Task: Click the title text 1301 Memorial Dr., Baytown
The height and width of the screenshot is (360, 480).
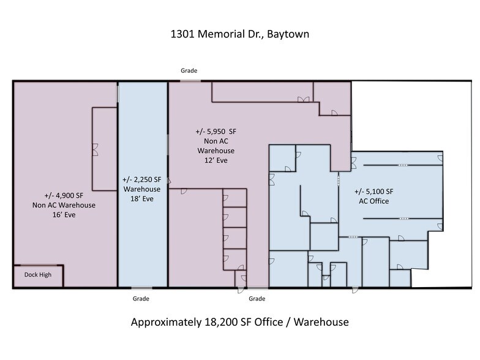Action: pyautogui.click(x=239, y=34)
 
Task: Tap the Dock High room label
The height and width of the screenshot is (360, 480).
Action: pyautogui.click(x=38, y=275)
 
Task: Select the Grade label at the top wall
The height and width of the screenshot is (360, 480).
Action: pyautogui.click(x=189, y=70)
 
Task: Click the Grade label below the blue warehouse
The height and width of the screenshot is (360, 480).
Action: pyautogui.click(x=141, y=299)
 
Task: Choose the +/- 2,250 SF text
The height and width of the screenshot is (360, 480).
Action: pyautogui.click(x=141, y=179)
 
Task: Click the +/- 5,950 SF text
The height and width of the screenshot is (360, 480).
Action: pyautogui.click(x=216, y=132)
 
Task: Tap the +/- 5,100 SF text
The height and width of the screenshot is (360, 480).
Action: pyautogui.click(x=374, y=191)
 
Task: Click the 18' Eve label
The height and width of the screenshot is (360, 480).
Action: pyautogui.click(x=141, y=199)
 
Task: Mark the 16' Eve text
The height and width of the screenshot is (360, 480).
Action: pyautogui.click(x=64, y=215)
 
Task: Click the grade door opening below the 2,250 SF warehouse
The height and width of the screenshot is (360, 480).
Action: pyautogui.click(x=141, y=288)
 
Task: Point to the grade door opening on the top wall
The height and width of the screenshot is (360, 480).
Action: pyautogui.click(x=190, y=80)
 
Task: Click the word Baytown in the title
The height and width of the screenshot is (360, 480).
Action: pyautogui.click(x=288, y=34)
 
